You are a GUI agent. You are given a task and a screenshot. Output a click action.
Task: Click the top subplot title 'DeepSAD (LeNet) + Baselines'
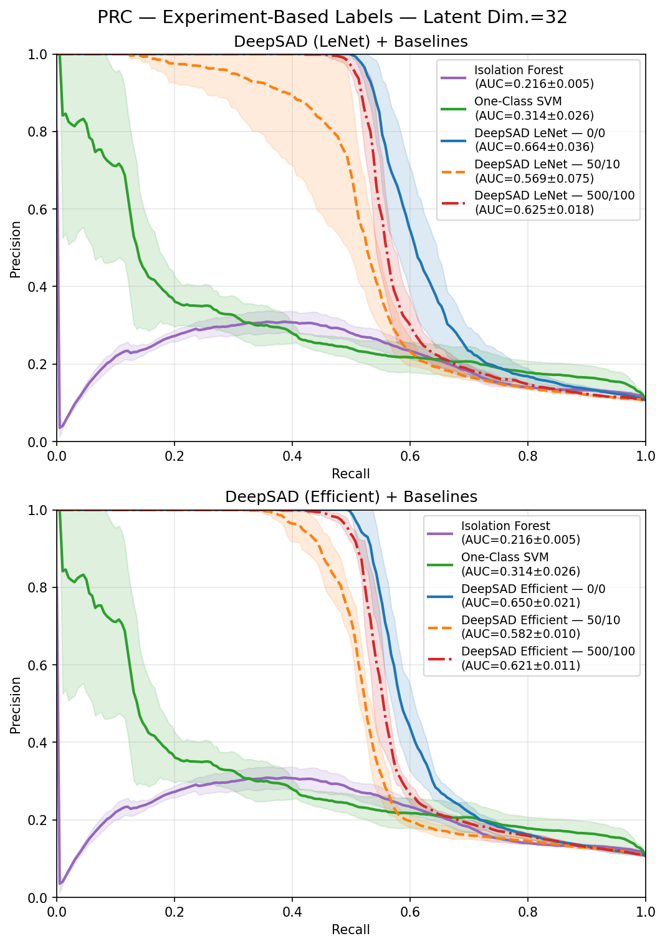pos(351,42)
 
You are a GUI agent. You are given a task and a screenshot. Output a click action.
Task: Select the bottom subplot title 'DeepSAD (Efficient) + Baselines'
pos(351,497)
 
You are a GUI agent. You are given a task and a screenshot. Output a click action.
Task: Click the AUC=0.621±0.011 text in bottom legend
pos(520,665)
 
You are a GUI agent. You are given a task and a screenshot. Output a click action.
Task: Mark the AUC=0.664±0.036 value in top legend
pos(534,147)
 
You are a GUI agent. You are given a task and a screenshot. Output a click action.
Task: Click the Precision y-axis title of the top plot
pos(16,249)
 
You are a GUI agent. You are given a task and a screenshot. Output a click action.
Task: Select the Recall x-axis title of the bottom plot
pos(351,930)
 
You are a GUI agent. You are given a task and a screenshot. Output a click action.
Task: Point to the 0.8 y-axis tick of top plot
pos(41,132)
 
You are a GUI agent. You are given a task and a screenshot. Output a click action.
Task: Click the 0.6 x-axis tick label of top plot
pos(409,456)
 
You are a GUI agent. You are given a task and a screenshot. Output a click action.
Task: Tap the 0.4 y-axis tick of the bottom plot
pos(41,743)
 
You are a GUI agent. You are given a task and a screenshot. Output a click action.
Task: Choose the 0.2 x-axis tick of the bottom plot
pos(175,912)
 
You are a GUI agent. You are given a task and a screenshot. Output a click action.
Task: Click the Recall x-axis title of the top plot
pos(351,474)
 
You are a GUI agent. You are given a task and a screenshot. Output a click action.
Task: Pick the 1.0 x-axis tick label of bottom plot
pos(645,912)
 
